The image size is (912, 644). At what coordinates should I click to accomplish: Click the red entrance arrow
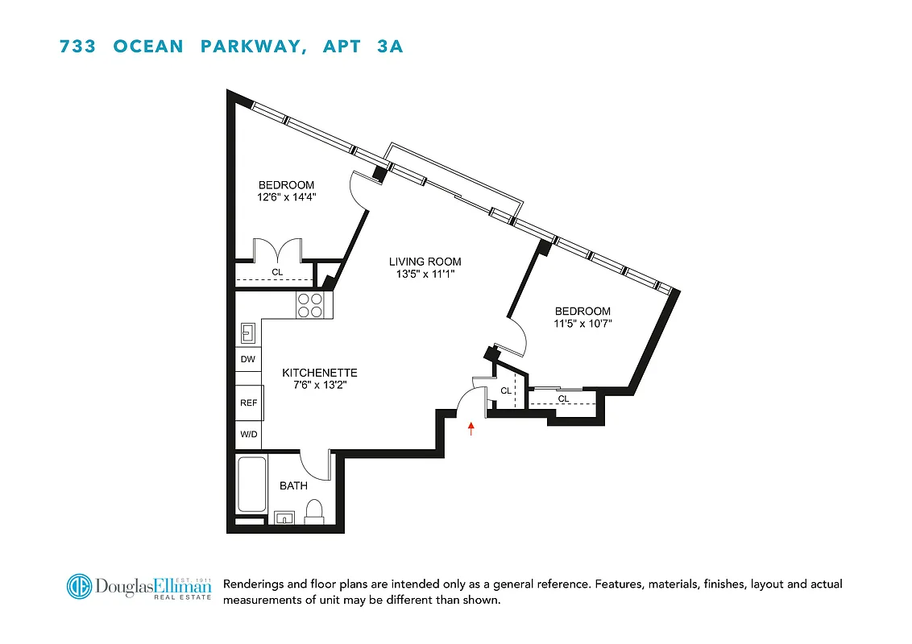pyautogui.click(x=472, y=428)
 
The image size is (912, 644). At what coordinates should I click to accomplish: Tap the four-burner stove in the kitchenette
pyautogui.click(x=310, y=305)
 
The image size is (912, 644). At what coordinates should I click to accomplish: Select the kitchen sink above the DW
pyautogui.click(x=248, y=332)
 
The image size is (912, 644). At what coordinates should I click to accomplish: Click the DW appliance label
pyautogui.click(x=248, y=360)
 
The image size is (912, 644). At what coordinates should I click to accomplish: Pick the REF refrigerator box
pyautogui.click(x=248, y=402)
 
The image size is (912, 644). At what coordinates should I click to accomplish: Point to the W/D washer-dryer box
pyautogui.click(x=248, y=435)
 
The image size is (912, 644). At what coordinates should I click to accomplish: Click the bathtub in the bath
pyautogui.click(x=252, y=484)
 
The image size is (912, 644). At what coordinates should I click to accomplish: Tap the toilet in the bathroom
pyautogui.click(x=315, y=511)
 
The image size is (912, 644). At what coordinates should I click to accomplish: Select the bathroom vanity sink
pyautogui.click(x=284, y=518)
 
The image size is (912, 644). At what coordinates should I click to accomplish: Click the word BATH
pyautogui.click(x=293, y=485)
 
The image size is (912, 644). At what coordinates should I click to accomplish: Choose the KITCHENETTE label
pyautogui.click(x=319, y=374)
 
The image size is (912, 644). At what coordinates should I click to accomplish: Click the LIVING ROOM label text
pyautogui.click(x=425, y=262)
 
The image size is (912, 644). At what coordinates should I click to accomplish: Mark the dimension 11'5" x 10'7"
pyautogui.click(x=582, y=324)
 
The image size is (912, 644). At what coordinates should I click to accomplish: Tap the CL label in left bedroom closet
pyautogui.click(x=277, y=272)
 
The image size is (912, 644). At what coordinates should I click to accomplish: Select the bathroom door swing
pyautogui.click(x=317, y=466)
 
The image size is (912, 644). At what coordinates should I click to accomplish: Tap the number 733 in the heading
pyautogui.click(x=78, y=46)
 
